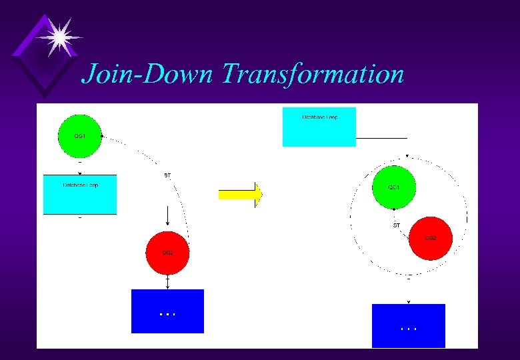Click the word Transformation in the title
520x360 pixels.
313,73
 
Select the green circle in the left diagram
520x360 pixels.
80,136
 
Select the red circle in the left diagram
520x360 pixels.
168,253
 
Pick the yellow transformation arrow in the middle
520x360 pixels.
240,195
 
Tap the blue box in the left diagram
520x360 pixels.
168,311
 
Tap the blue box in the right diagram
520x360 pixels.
408,326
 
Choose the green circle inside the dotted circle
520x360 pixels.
393,187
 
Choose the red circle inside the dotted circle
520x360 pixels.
431,238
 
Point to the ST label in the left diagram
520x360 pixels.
167,175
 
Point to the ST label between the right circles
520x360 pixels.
397,225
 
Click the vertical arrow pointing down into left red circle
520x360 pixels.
167,217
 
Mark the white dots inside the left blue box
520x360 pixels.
168,313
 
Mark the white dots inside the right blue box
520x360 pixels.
409,329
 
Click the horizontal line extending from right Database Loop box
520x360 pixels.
381,138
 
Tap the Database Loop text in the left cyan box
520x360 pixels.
80,185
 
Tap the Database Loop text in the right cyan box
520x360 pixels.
320,117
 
